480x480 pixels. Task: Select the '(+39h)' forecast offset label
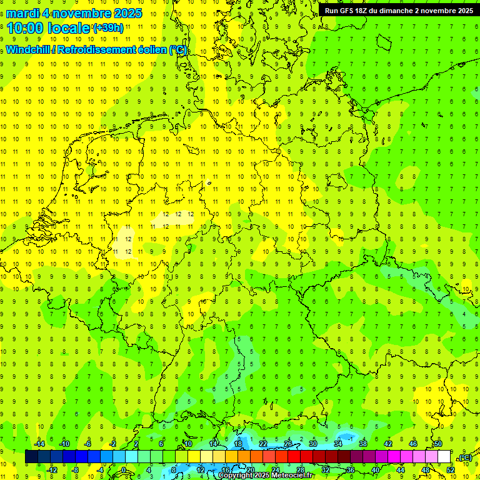[108, 28]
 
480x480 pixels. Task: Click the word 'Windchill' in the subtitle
[29, 50]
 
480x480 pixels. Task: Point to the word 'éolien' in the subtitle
[149, 50]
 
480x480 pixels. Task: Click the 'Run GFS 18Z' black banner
[398, 11]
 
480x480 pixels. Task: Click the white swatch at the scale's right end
[444, 457]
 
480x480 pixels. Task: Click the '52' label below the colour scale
[451, 469]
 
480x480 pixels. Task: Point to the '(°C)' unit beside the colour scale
[465, 457]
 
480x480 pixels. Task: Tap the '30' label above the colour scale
[313, 444]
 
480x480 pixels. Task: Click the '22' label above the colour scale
[263, 444]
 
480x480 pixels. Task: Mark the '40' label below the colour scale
[376, 469]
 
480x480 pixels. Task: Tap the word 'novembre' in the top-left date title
[77, 13]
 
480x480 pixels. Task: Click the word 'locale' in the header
[68, 28]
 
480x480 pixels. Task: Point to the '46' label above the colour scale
[413, 444]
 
